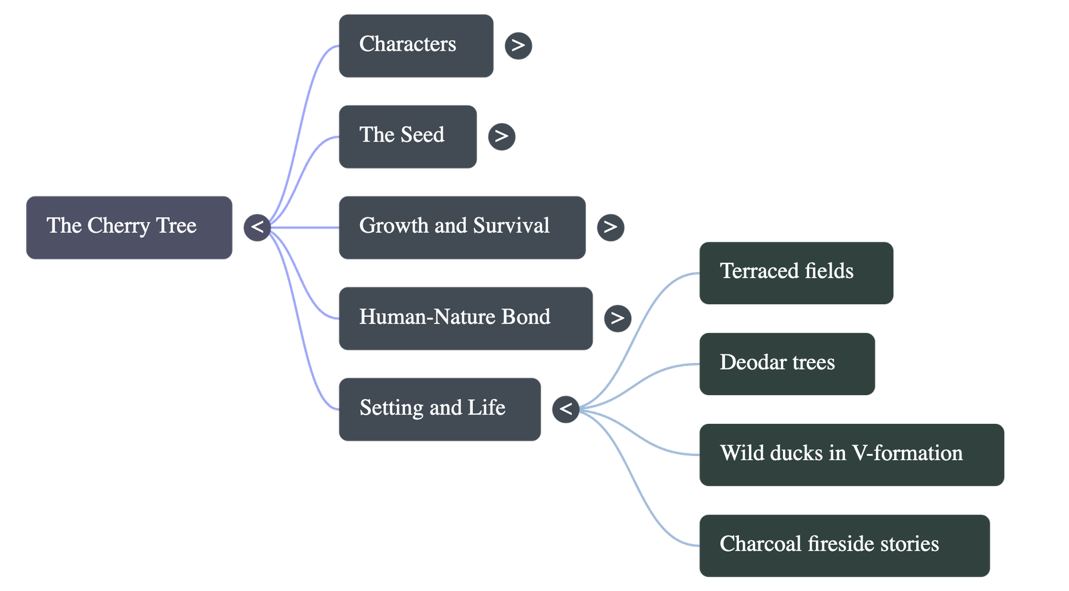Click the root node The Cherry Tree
click(x=129, y=227)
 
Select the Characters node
click(x=416, y=45)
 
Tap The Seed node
click(x=408, y=136)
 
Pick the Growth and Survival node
click(x=462, y=227)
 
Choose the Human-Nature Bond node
click(x=465, y=318)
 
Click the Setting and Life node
click(x=439, y=408)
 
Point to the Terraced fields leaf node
click(x=796, y=273)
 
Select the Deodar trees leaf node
click(x=786, y=364)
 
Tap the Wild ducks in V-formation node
click(x=851, y=455)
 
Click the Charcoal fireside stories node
click(x=844, y=545)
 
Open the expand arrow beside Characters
click(x=518, y=45)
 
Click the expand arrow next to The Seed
click(x=501, y=136)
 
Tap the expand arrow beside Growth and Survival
click(x=610, y=227)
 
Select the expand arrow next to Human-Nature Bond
click(x=617, y=318)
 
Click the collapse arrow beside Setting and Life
click(x=566, y=408)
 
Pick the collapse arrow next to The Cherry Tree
click(x=257, y=227)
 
